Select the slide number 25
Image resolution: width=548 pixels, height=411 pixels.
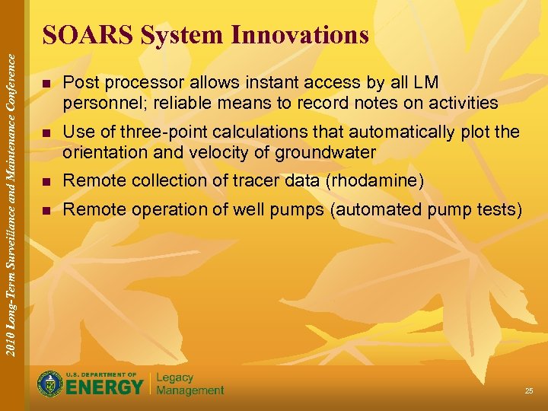point(528,390)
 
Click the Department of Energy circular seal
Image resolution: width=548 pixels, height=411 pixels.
point(50,384)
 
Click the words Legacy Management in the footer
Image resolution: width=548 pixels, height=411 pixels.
point(190,384)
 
